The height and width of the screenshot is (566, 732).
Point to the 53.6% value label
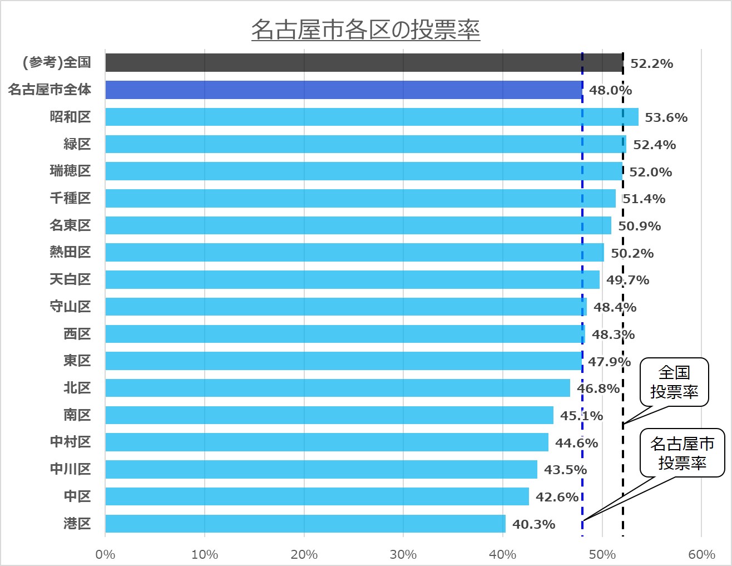666,118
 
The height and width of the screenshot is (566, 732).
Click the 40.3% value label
533,524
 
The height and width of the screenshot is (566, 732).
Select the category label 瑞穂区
70,171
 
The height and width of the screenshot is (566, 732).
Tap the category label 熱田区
70,252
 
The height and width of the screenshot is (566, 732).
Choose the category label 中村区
70,442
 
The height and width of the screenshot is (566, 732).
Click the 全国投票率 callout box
674,382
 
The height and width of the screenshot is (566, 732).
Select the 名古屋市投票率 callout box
682,453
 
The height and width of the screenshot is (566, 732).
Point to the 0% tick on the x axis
105,554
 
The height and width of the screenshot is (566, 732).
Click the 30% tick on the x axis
403,554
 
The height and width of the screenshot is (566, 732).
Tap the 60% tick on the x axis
701,554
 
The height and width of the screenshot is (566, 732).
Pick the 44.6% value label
576,443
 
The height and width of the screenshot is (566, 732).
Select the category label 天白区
70,279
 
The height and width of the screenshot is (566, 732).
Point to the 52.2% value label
651,64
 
